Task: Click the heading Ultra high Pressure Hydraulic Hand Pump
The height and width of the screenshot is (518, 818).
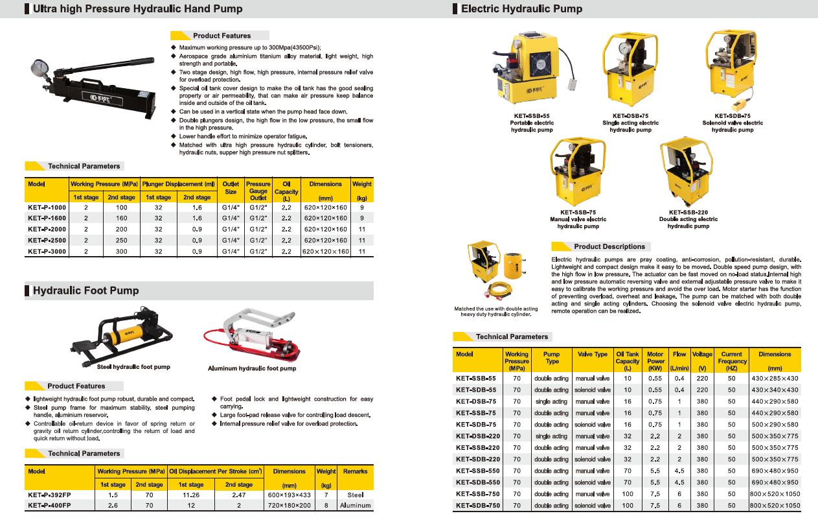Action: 137,9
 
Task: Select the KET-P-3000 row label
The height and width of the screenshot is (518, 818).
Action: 47,252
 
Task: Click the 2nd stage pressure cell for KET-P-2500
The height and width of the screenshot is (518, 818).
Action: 121,241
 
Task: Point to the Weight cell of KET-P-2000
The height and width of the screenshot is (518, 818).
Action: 362,230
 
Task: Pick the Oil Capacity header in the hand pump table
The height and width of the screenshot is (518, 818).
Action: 286,191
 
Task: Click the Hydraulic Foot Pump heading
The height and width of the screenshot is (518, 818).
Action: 85,291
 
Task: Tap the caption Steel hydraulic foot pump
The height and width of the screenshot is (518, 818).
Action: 133,367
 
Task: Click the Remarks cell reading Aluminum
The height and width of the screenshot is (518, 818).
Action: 355,505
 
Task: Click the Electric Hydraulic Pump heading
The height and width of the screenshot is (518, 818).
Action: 521,9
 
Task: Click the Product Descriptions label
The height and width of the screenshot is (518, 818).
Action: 609,247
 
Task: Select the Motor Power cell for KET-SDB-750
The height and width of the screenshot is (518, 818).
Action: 655,506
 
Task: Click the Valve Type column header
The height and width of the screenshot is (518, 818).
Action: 592,355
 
